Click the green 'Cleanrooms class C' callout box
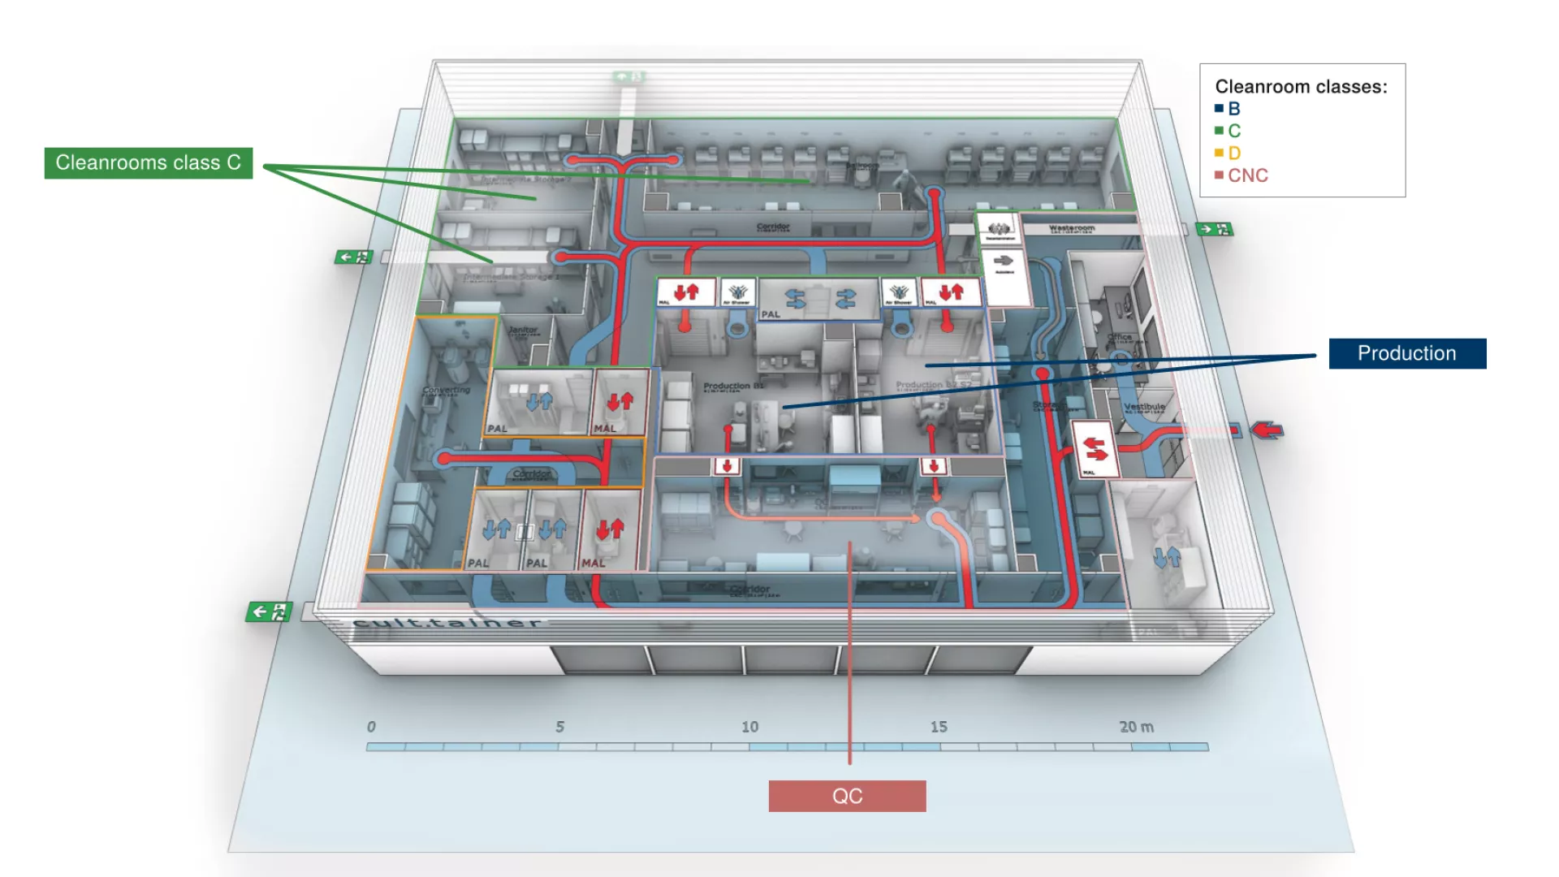coord(149,163)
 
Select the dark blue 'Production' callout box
coord(1407,353)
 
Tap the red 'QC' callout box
coord(847,796)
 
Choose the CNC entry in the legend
coord(1242,175)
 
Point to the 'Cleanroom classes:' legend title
coord(1301,87)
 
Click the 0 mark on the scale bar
coord(371,727)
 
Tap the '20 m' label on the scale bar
coord(1136,727)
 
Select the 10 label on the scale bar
coord(749,727)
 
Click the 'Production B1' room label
coord(732,387)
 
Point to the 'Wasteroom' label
coord(1072,228)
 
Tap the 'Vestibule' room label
coord(1144,406)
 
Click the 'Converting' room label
coord(447,391)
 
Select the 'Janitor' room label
coord(523,330)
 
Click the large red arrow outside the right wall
coord(1267,430)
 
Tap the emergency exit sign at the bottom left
coord(269,611)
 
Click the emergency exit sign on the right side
coord(1214,230)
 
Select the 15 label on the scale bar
coord(939,727)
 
